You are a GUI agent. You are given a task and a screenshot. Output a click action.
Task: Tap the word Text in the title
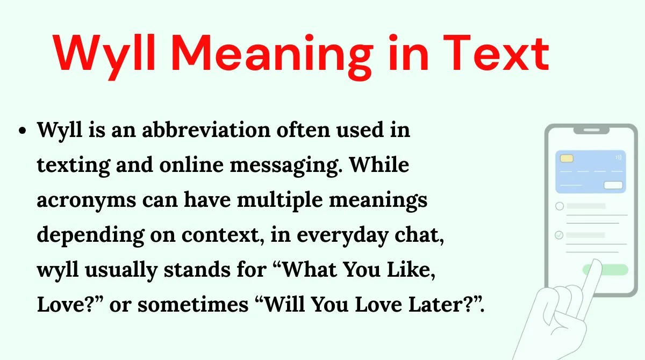click(x=496, y=53)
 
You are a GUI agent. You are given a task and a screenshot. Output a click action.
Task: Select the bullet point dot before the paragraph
click(x=22, y=131)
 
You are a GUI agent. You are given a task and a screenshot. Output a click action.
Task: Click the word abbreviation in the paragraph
click(x=206, y=130)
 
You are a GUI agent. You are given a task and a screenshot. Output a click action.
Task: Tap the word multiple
click(x=279, y=200)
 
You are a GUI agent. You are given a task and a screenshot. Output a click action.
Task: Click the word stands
click(x=197, y=270)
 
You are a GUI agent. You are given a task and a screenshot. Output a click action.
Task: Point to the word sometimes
click(x=193, y=305)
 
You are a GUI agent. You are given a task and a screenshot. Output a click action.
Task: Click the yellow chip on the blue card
click(x=567, y=159)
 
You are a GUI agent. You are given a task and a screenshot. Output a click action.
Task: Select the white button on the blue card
click(x=613, y=185)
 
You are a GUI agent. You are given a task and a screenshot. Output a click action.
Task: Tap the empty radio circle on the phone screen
click(x=560, y=206)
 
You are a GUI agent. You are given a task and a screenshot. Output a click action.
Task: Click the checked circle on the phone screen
click(x=559, y=235)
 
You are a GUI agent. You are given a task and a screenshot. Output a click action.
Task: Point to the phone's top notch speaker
click(x=591, y=131)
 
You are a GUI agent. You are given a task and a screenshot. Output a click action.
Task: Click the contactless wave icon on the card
click(x=619, y=157)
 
